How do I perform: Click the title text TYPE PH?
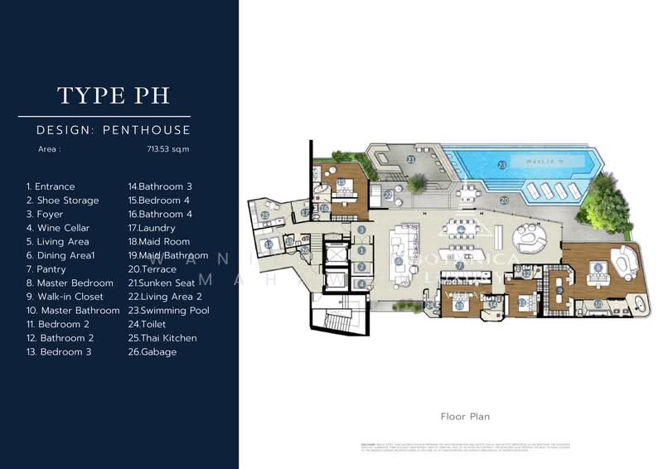click(114, 95)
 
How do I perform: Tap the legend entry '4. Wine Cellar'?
click(58, 228)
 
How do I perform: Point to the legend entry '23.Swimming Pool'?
click(168, 311)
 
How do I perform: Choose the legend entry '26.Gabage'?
click(152, 352)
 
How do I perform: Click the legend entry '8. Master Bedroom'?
click(70, 283)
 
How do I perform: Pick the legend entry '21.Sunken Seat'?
click(162, 283)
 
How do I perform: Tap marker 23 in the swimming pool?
click(501, 165)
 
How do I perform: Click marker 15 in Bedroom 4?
click(341, 182)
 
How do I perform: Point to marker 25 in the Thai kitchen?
click(264, 215)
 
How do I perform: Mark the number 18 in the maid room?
click(269, 244)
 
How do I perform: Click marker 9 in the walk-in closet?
click(559, 290)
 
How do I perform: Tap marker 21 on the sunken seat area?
click(411, 159)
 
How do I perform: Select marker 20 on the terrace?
click(504, 200)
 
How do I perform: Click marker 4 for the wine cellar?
click(361, 284)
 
